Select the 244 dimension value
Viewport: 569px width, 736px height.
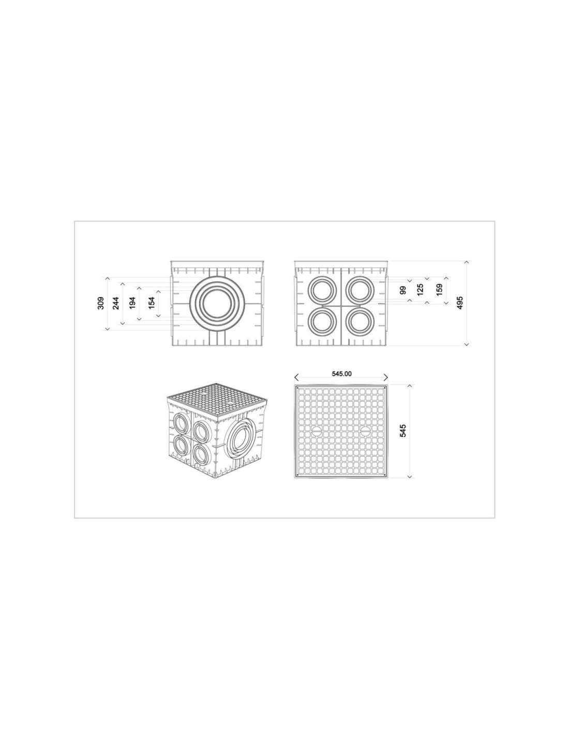pyautogui.click(x=116, y=303)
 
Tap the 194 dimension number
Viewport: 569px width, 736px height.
pyautogui.click(x=132, y=303)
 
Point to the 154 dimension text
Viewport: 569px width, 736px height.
pyautogui.click(x=152, y=303)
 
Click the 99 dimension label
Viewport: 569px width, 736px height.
pyautogui.click(x=402, y=290)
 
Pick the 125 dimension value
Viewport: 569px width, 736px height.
pyautogui.click(x=421, y=290)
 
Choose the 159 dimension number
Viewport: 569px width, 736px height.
pyautogui.click(x=439, y=290)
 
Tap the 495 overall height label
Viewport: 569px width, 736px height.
pyautogui.click(x=459, y=303)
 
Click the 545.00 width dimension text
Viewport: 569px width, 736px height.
pyautogui.click(x=341, y=374)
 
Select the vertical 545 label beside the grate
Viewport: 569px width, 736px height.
pyautogui.click(x=403, y=431)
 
